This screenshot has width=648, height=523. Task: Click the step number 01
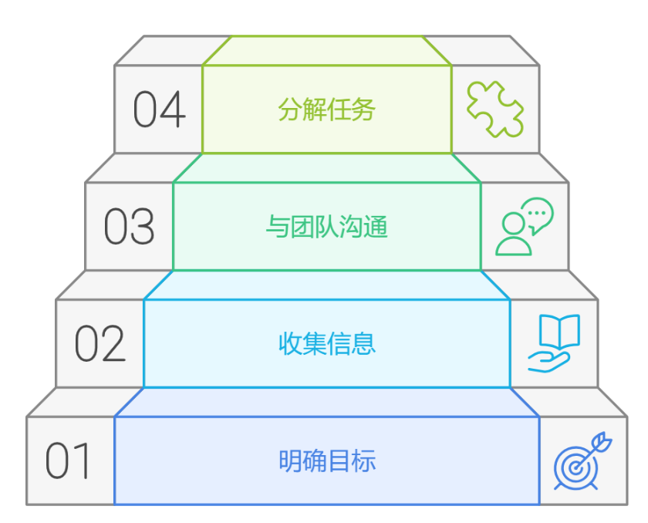[68, 461]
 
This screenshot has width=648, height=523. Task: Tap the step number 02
[100, 344]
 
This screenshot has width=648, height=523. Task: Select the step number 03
[129, 227]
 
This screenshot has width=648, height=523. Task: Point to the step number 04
[159, 110]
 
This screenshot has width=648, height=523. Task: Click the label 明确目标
[327, 461]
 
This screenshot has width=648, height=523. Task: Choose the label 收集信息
[327, 343]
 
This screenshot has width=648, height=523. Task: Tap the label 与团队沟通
[327, 227]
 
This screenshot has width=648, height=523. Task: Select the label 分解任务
[327, 110]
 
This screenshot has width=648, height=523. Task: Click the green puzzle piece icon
[495, 110]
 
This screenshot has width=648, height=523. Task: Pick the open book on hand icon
[554, 343]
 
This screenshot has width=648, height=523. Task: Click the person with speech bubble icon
[525, 227]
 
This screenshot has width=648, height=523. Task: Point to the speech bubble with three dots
[537, 214]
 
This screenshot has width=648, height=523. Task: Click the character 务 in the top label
[364, 110]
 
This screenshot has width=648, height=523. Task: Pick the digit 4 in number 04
[174, 110]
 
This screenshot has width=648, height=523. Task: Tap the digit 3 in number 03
[143, 227]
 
